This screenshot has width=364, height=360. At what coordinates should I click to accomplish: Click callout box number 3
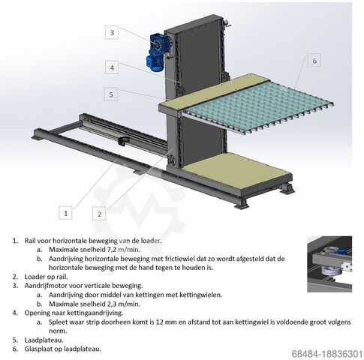pyautogui.click(x=112, y=32)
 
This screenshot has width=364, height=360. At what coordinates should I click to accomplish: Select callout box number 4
pyautogui.click(x=112, y=67)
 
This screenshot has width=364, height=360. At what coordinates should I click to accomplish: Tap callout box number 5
pyautogui.click(x=112, y=94)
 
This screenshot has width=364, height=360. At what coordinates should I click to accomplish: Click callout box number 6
pyautogui.click(x=314, y=60)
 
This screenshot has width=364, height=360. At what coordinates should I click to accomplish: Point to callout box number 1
pyautogui.click(x=67, y=213)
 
